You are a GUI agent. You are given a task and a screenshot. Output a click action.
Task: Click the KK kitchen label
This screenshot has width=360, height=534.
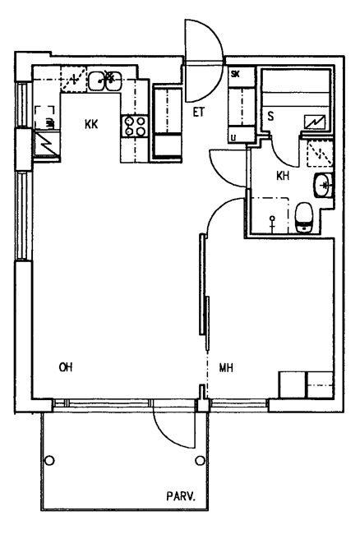point(91,124)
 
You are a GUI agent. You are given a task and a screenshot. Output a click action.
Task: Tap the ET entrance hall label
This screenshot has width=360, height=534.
point(199,112)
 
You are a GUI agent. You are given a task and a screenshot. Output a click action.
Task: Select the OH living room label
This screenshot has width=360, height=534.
point(66,367)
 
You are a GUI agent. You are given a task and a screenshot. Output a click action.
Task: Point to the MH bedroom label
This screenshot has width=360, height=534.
point(226,368)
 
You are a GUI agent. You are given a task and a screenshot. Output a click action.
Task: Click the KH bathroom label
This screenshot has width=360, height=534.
point(283,176)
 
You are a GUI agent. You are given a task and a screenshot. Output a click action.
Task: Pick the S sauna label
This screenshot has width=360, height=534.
point(270,117)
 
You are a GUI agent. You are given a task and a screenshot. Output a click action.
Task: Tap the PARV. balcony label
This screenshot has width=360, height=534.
point(181,496)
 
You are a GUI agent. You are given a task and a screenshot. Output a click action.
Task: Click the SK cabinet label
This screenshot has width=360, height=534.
point(235,74)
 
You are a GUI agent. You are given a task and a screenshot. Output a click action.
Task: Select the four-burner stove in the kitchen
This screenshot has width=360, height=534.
point(135,126)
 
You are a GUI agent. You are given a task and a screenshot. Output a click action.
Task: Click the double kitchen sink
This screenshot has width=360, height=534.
point(105,81)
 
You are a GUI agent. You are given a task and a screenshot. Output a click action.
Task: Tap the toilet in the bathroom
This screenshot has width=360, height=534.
point(303,218)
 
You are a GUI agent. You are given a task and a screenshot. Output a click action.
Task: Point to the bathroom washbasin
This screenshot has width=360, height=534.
point(323,185)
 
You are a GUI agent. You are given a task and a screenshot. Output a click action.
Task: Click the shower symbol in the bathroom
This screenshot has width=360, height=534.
point(272,223)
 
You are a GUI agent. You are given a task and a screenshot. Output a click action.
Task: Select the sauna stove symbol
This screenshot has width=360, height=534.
point(315,122)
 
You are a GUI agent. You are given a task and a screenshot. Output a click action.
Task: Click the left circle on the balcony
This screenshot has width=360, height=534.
point(49,461)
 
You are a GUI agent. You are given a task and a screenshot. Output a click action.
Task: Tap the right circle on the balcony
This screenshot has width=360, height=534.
point(200,461)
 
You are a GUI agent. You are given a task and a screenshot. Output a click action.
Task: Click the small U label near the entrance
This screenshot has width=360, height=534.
point(233,138)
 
